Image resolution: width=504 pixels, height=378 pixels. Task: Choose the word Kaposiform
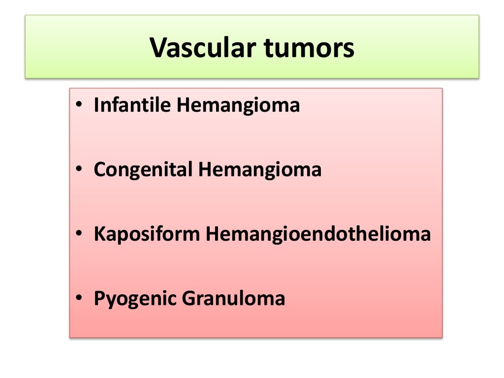(147, 234)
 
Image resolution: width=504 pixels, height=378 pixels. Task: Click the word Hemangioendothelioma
(318, 234)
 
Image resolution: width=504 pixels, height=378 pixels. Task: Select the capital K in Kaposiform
(99, 234)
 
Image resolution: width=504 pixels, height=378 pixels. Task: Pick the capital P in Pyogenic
(99, 298)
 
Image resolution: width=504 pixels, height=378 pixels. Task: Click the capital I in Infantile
(96, 105)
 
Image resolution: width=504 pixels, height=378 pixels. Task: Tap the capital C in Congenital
(99, 170)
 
